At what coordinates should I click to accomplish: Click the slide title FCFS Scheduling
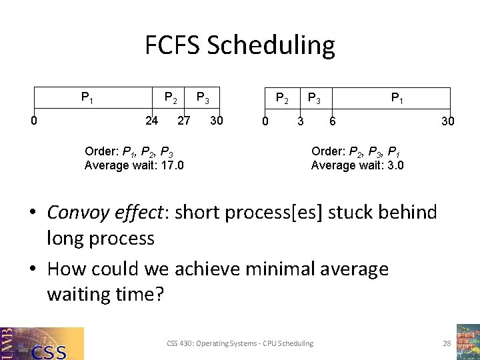(x=240, y=45)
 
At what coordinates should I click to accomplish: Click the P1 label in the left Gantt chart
(x=87, y=99)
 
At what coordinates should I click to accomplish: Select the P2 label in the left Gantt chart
(x=171, y=99)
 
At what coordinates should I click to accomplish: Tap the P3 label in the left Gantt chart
(x=203, y=99)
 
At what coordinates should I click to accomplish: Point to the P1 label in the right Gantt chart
(x=397, y=99)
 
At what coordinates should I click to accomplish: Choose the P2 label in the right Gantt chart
(x=283, y=99)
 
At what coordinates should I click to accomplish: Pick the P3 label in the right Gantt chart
(x=313, y=99)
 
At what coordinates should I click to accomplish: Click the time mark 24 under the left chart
(x=152, y=121)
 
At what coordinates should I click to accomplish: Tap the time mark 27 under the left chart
(x=184, y=121)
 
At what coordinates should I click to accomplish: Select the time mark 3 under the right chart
(x=301, y=121)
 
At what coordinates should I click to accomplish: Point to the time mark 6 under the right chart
(x=332, y=121)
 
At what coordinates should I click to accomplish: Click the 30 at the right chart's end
(x=448, y=121)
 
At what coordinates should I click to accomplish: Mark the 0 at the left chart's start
(x=33, y=121)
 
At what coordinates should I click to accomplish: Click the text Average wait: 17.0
(x=134, y=165)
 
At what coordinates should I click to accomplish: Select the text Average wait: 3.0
(x=357, y=165)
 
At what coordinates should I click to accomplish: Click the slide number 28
(x=447, y=343)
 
